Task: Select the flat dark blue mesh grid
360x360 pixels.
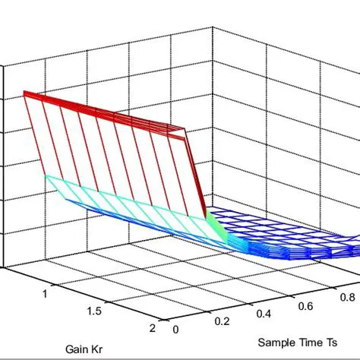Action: (289, 235)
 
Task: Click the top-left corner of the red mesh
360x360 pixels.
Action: (24, 93)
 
